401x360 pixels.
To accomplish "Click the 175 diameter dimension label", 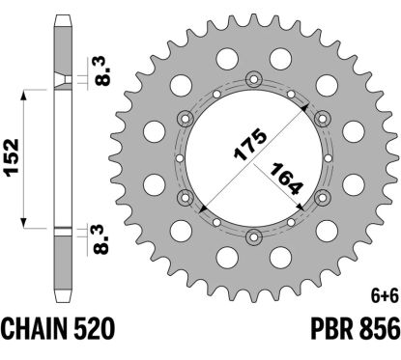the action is [250, 145].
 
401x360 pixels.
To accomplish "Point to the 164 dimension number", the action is [287, 179].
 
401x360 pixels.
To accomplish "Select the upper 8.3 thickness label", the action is [103, 70].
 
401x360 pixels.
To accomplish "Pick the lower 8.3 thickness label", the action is [103, 239].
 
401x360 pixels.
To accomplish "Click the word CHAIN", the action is [34, 328].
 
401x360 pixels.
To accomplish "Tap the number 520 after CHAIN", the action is [95, 328].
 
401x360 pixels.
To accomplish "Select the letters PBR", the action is [332, 328].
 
